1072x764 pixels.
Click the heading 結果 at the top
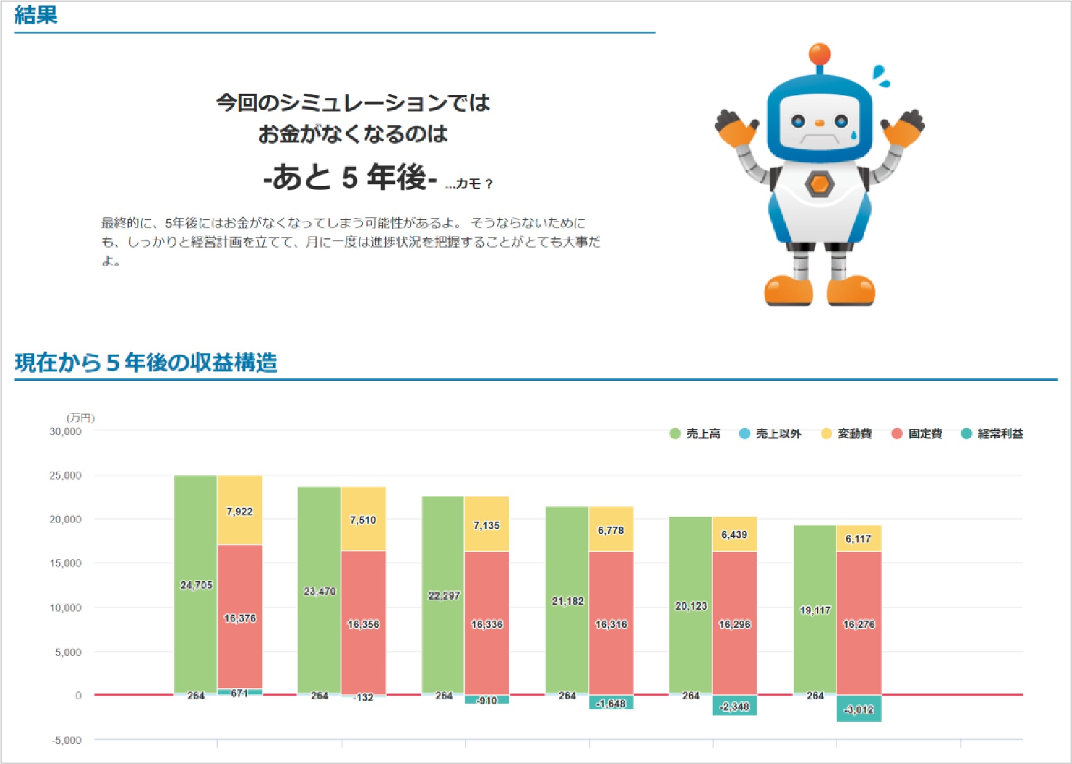tap(36, 15)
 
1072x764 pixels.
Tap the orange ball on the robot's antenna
tap(819, 54)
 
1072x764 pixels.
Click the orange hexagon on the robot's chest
tap(819, 184)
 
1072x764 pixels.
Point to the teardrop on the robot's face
tap(854, 134)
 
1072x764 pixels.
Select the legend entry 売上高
tap(695, 434)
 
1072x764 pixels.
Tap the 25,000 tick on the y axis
tap(66, 475)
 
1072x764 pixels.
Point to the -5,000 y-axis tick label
tap(67, 740)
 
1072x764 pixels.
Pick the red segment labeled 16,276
tap(859, 623)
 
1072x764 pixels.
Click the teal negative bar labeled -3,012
tap(859, 709)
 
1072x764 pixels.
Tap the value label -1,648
tap(611, 704)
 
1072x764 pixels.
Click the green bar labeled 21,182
tap(567, 600)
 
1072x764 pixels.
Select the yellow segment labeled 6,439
tap(734, 534)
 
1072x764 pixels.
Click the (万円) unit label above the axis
tap(81, 417)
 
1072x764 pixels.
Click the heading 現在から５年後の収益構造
tap(146, 363)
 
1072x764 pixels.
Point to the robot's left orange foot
tap(788, 291)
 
